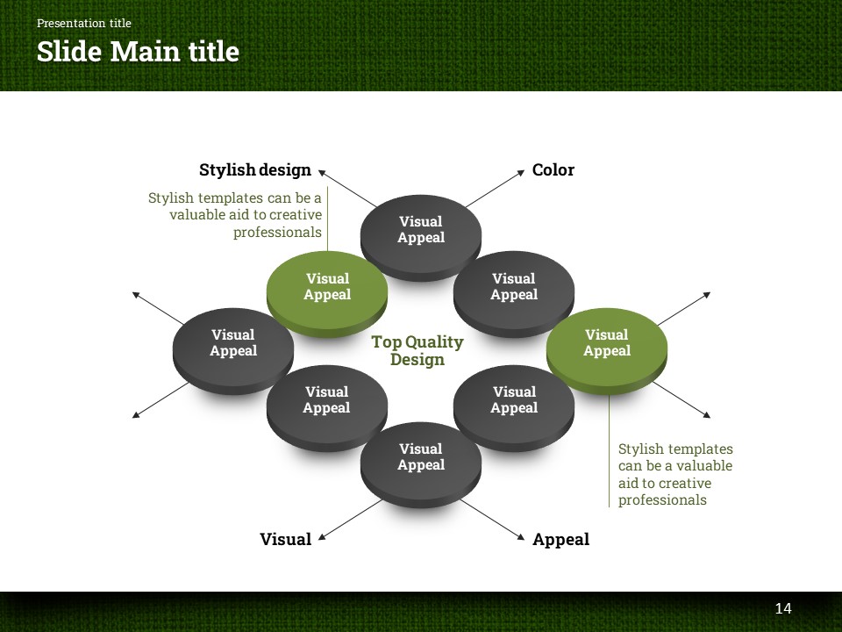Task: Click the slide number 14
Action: click(783, 608)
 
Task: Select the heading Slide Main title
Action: click(138, 52)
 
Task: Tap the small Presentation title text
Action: click(84, 23)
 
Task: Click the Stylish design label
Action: click(255, 170)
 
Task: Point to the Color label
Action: click(553, 170)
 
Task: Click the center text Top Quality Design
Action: click(417, 350)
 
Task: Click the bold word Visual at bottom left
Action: click(285, 540)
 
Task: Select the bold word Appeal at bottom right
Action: click(560, 540)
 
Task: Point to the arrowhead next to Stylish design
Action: click(322, 173)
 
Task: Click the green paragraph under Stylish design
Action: click(235, 215)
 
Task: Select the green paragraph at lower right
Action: click(674, 475)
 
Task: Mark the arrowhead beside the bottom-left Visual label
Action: click(322, 535)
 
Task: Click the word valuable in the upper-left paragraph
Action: click(198, 215)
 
